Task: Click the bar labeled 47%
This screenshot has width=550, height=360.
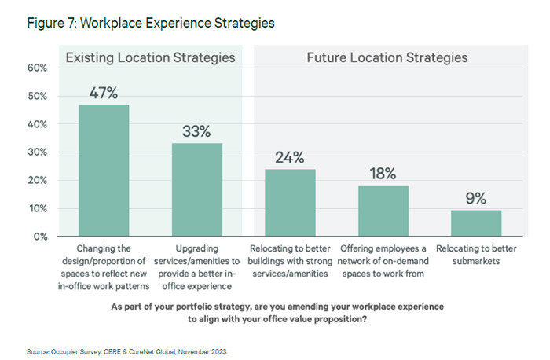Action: [104, 171]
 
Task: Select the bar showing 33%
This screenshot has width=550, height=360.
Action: [197, 189]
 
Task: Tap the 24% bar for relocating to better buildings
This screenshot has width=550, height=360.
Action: [290, 203]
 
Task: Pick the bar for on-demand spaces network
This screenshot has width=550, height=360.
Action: [383, 211]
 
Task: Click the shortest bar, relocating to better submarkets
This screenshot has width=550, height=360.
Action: [476, 223]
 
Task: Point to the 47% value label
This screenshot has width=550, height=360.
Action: [104, 94]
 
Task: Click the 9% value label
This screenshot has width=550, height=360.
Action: [476, 199]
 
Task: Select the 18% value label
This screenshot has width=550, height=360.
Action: [383, 174]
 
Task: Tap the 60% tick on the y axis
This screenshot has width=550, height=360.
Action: [38, 68]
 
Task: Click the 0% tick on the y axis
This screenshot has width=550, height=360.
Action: [41, 237]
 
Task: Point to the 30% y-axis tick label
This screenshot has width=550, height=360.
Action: [38, 152]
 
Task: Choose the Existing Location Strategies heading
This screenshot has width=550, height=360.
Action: [150, 57]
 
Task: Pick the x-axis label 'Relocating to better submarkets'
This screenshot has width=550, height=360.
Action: [476, 255]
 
